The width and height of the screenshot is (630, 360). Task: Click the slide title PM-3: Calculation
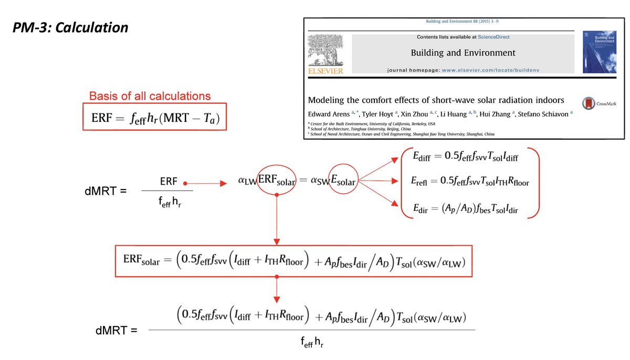[x=70, y=28]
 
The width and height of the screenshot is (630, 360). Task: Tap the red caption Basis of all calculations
[x=150, y=96]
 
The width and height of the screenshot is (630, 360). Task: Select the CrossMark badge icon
[x=589, y=103]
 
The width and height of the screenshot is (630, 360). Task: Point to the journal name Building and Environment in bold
[x=463, y=52]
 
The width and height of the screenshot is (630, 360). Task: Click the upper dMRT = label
[x=106, y=191]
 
